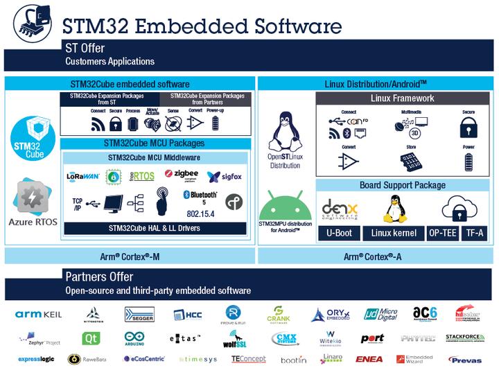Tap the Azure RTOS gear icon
click(32, 197)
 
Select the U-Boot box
click(339, 233)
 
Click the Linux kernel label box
click(394, 233)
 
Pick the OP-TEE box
click(442, 233)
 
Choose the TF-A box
click(475, 233)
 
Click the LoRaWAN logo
click(82, 177)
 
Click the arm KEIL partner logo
click(39, 315)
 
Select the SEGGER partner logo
click(139, 315)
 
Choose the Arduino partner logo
click(134, 338)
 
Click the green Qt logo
click(91, 338)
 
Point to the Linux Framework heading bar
click(402, 98)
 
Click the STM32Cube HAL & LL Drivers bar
click(155, 228)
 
